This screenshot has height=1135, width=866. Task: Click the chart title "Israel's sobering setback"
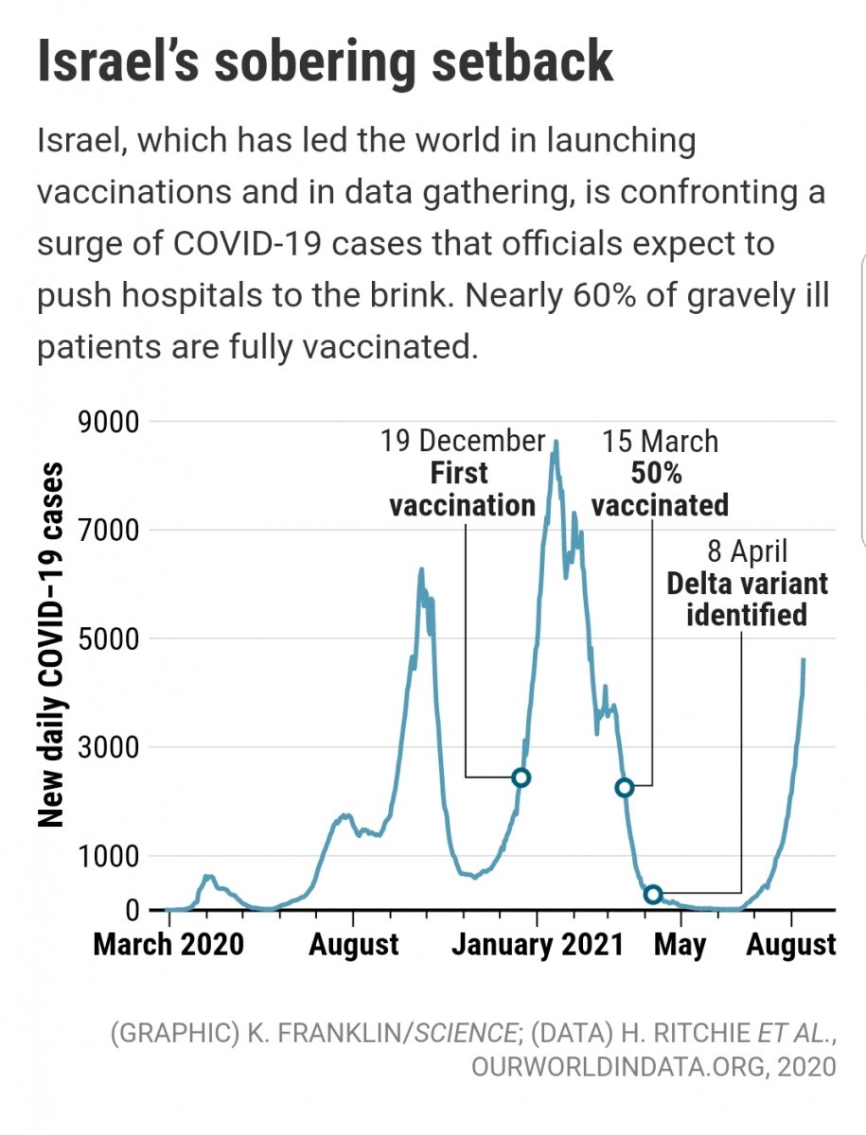click(x=325, y=61)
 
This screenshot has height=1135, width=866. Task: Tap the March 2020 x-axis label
click(x=168, y=944)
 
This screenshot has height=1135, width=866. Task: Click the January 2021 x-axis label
click(x=538, y=944)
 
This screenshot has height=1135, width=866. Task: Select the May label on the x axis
click(x=680, y=944)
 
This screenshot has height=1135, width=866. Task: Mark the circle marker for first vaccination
click(x=521, y=777)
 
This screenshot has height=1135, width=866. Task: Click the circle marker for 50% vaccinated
click(x=624, y=788)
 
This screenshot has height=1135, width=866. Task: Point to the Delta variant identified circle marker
click(x=652, y=894)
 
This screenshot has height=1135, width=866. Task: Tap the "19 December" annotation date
click(x=463, y=442)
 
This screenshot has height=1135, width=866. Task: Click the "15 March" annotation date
click(x=661, y=442)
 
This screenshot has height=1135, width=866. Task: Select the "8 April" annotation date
click(x=747, y=552)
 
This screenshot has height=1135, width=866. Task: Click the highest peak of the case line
click(x=556, y=442)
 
